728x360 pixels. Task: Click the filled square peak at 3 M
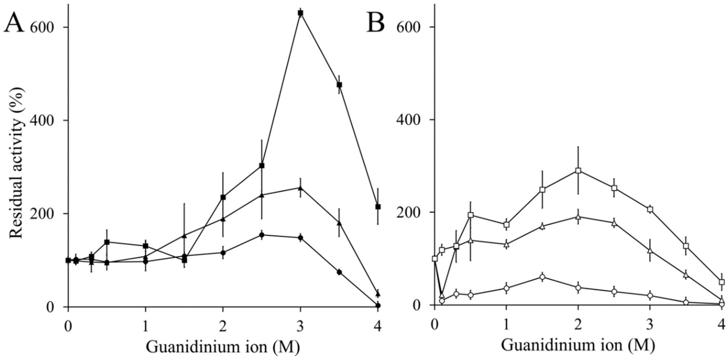coord(300,13)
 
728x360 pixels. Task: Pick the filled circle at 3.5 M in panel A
coord(339,272)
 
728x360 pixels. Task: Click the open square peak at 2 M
coord(578,170)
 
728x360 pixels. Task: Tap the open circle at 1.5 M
coord(542,277)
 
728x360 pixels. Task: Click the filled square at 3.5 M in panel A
coord(339,85)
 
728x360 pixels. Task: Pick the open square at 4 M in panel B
coord(722,282)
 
